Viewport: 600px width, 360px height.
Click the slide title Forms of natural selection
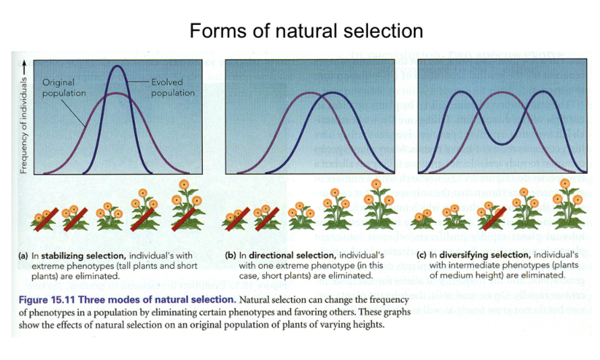tap(306, 31)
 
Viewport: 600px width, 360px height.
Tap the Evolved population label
tap(173, 88)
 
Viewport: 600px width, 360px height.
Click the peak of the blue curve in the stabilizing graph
tap(119, 66)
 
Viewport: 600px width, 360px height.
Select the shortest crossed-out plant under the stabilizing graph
tap(40, 219)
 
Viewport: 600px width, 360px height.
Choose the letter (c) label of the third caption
tap(422, 256)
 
